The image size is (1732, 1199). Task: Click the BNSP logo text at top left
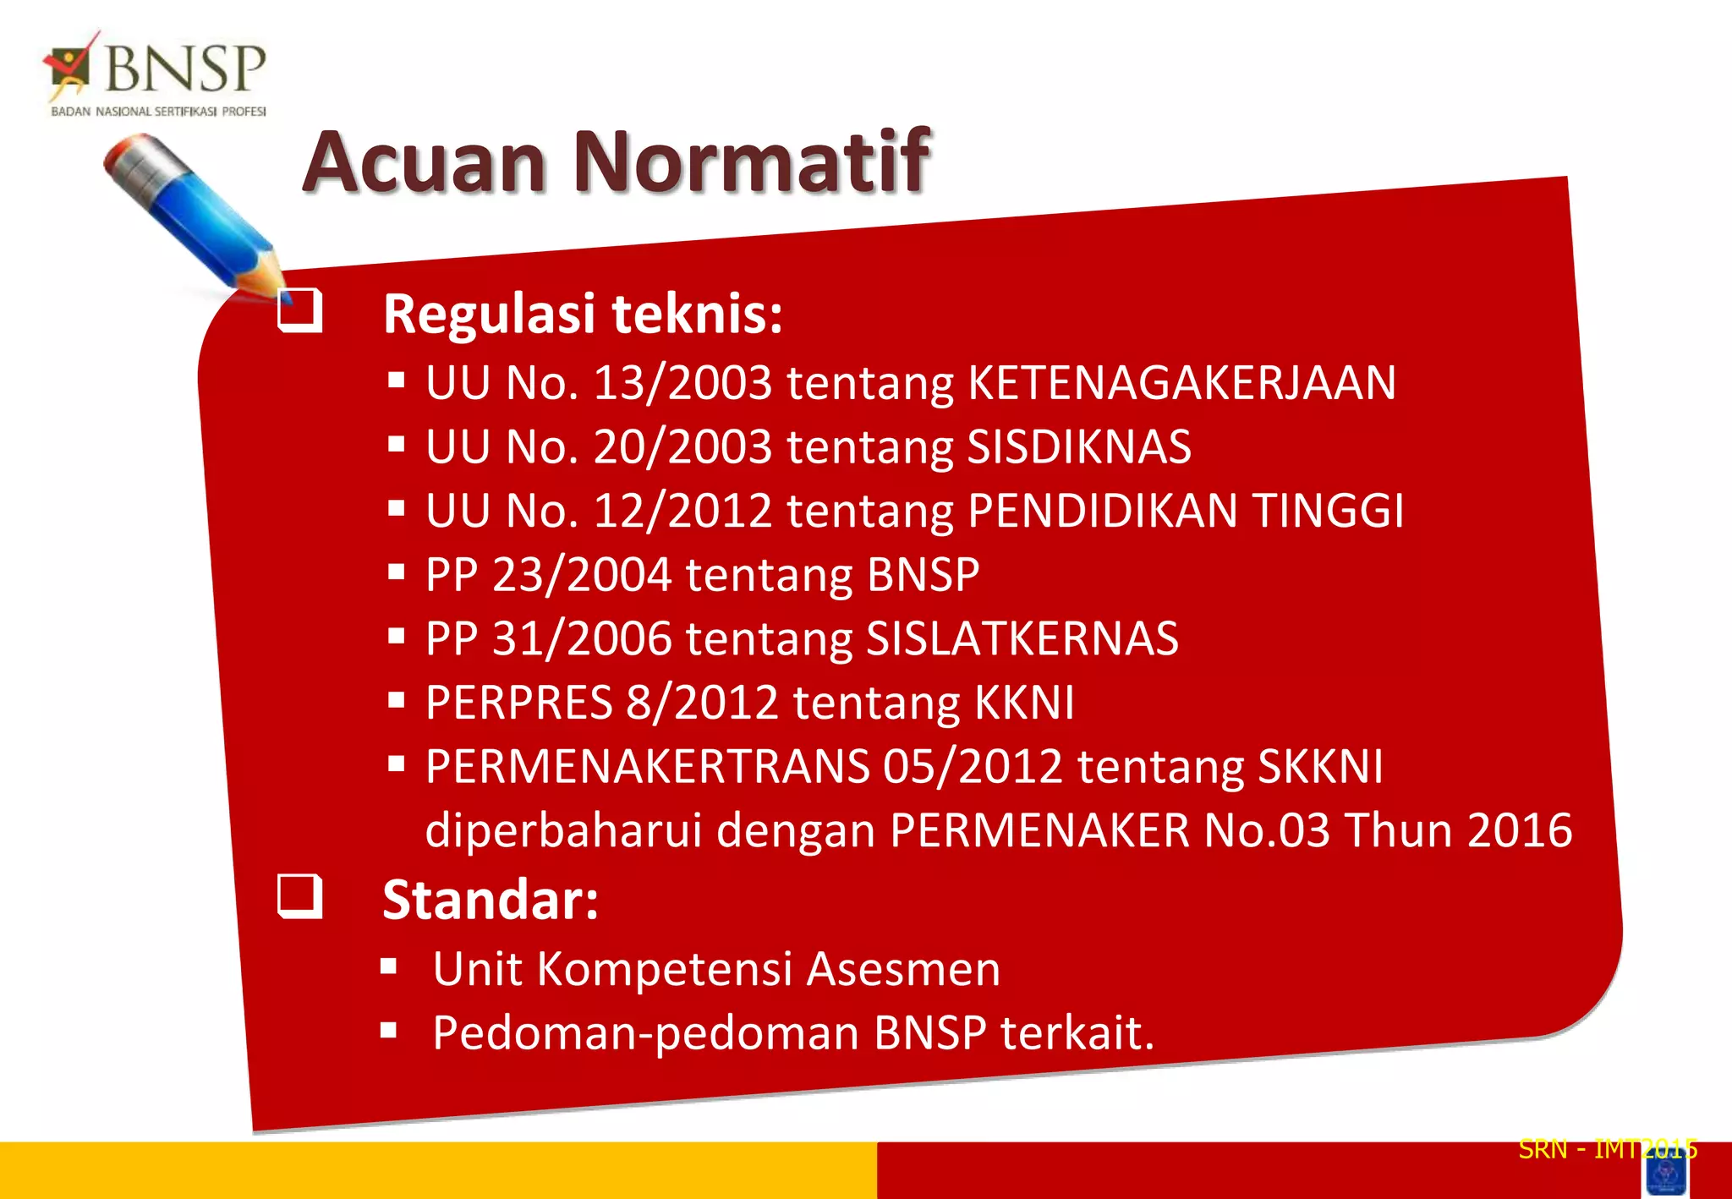click(184, 69)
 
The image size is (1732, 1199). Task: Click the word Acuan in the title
click(424, 162)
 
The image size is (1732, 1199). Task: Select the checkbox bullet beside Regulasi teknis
click(300, 310)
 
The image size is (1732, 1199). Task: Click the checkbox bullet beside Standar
click(300, 896)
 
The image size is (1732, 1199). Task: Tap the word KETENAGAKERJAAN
click(1181, 383)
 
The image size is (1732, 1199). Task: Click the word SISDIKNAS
click(1078, 447)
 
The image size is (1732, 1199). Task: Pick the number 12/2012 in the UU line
click(682, 512)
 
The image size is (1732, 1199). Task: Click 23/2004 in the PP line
click(582, 575)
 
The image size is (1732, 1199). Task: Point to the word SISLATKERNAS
click(1022, 639)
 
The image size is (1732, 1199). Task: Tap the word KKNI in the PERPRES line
click(1023, 703)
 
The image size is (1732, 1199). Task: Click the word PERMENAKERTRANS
click(647, 767)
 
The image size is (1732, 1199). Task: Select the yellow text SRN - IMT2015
click(1607, 1149)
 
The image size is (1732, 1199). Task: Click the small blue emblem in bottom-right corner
click(1666, 1175)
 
